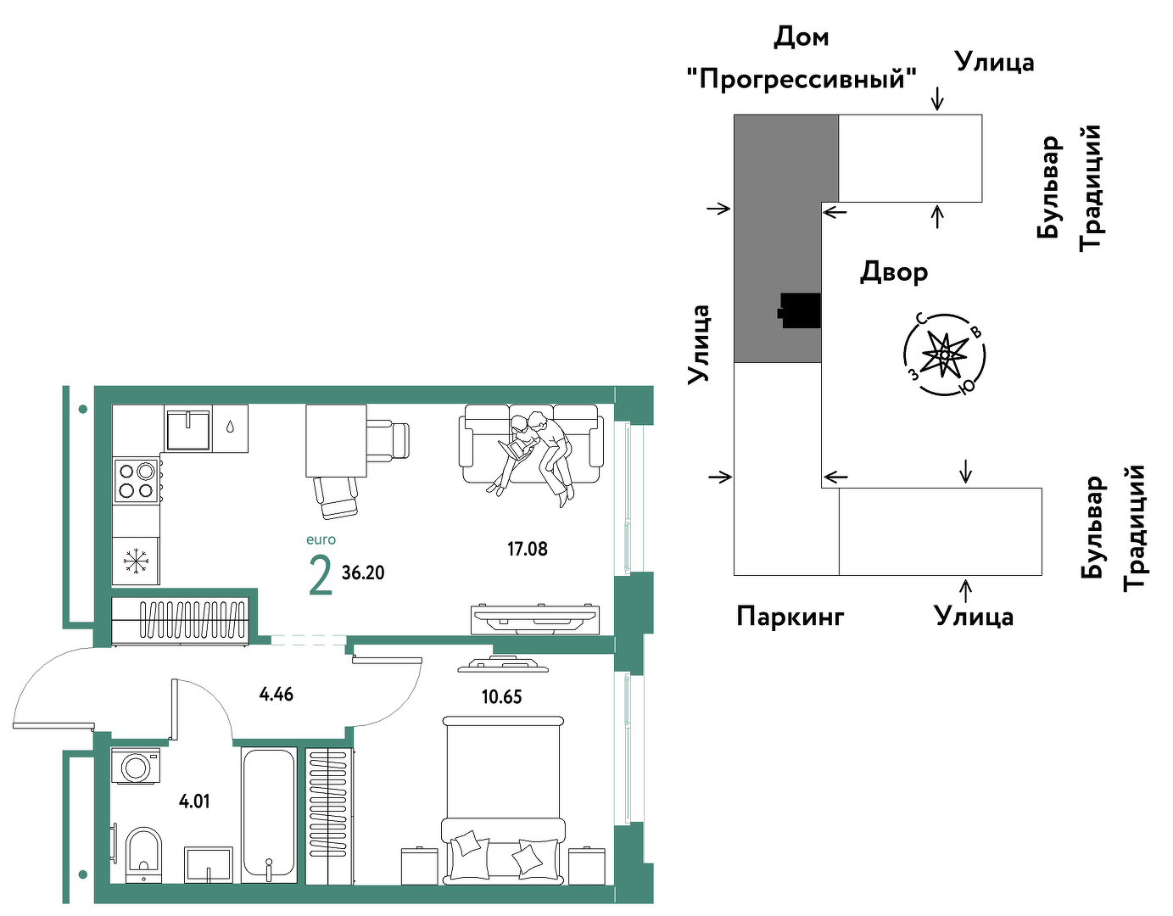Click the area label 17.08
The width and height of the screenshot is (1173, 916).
click(x=527, y=550)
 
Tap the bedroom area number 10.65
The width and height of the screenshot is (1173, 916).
click(x=501, y=697)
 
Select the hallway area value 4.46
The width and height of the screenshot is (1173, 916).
click(x=276, y=694)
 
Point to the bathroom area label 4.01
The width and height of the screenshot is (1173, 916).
click(x=193, y=801)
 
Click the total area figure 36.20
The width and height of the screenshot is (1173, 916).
click(x=363, y=572)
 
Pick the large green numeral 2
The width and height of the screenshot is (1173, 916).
click(x=320, y=576)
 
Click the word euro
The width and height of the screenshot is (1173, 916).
click(x=321, y=539)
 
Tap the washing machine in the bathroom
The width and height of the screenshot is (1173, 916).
click(x=136, y=765)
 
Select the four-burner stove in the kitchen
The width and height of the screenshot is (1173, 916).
click(x=136, y=481)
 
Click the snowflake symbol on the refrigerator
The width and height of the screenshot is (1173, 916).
click(x=136, y=561)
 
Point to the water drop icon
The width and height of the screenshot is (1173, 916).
click(x=231, y=427)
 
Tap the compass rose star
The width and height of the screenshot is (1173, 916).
click(x=944, y=354)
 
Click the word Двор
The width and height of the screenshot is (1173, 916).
click(x=893, y=271)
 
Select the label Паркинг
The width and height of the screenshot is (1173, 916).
click(x=790, y=616)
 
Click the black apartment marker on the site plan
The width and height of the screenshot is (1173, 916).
click(x=800, y=311)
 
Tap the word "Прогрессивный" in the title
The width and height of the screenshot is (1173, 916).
click(x=802, y=80)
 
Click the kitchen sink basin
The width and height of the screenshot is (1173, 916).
click(x=187, y=430)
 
